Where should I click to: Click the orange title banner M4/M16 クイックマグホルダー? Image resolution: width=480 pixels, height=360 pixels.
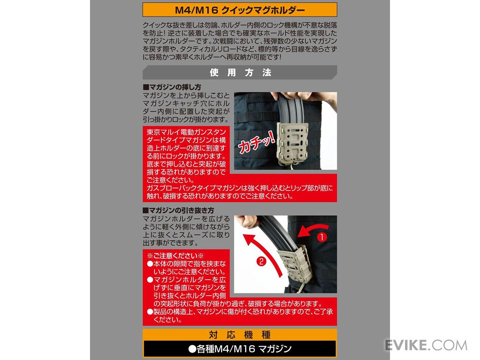pos(240,10)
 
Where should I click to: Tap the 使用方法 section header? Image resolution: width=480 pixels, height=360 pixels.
pos(240,72)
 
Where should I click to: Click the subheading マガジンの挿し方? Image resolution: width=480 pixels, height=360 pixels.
pos(172,87)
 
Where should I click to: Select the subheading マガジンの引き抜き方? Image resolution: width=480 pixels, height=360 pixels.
pos(178,210)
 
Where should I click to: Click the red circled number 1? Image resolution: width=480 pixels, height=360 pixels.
pos(322,237)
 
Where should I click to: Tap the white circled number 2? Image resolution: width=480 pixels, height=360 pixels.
pos(261,262)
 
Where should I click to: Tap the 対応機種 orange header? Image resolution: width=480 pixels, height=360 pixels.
pos(240,335)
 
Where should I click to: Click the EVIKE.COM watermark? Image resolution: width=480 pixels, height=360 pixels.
pos(426,345)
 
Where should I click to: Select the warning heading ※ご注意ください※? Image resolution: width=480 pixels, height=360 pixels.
pos(175,256)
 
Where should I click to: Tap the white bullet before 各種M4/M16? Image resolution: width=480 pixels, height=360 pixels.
pos(192,349)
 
